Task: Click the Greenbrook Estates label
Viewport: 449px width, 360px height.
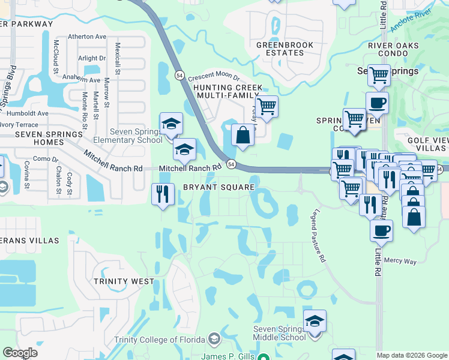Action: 280,49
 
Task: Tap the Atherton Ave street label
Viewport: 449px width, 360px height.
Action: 87,37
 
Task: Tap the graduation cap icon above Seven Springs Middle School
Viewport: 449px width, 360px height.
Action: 315,321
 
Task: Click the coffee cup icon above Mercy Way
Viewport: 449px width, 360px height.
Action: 381,230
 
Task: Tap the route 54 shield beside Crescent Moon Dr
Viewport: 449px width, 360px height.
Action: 180,75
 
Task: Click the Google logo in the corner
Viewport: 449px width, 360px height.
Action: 20,353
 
